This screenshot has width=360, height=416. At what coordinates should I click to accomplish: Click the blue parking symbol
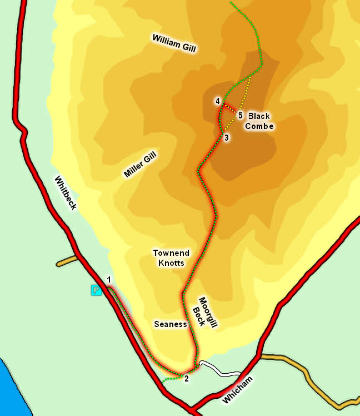pos(96,289)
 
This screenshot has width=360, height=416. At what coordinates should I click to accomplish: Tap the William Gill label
pos(174,42)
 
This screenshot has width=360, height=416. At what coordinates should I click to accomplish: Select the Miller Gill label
pos(140,166)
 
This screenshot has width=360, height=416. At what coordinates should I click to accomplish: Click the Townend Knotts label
pos(169,257)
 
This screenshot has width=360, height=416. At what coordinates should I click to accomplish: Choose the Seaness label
pos(169,324)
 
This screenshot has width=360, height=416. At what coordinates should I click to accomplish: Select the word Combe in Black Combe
pos(259,126)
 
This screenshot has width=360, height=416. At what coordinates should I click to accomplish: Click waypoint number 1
pos(109,280)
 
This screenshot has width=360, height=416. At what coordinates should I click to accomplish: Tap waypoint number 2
pos(187,379)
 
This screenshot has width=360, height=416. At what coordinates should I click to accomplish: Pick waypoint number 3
pos(227,137)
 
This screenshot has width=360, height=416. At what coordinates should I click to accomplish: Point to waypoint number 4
pos(218,101)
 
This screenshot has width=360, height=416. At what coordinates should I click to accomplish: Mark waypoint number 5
pos(240,116)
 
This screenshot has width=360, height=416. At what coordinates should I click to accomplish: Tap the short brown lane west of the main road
pos(66,260)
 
